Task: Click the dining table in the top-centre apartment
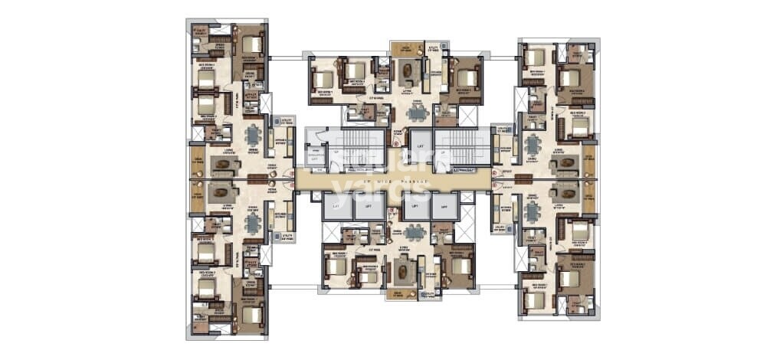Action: pos(418,113)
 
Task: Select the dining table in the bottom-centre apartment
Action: pos(415,233)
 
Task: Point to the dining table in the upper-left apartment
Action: pos(252,136)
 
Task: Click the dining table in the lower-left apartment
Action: pos(252,221)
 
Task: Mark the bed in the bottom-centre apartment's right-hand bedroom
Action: pos(460,266)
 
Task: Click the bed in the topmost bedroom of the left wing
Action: pos(252,44)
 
